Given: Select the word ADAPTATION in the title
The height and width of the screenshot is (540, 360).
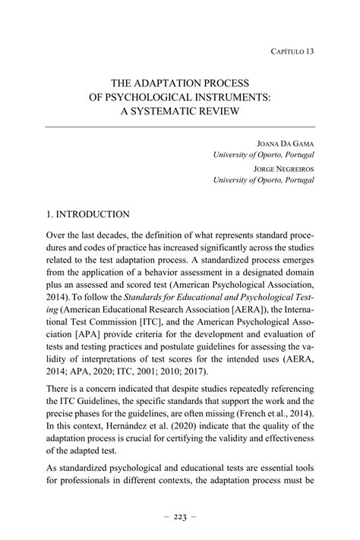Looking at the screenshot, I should pyautogui.click(x=167, y=83).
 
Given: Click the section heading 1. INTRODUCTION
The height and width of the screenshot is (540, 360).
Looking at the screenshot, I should pyautogui.click(x=87, y=215).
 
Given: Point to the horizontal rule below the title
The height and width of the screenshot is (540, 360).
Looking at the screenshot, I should pyautogui.click(x=179, y=127).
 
